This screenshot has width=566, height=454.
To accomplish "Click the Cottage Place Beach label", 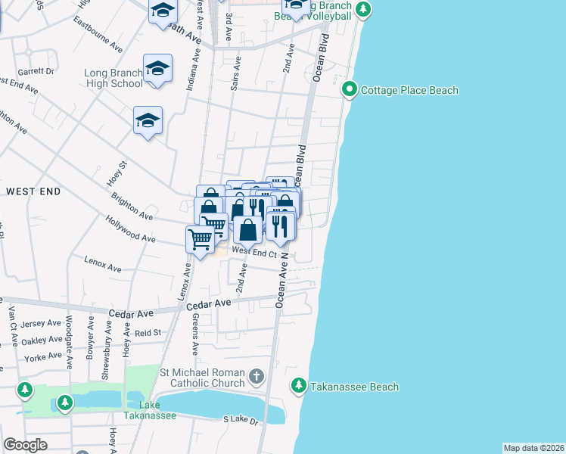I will [409, 90].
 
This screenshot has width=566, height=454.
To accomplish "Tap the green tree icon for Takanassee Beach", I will [299, 387].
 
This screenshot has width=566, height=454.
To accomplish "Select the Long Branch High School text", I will [114, 78].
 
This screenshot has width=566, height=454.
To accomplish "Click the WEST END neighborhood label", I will [33, 191].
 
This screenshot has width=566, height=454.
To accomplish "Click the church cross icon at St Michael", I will [257, 376].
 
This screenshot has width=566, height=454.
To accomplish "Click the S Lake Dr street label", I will [241, 419].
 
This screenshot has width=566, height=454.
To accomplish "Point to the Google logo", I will [25, 444].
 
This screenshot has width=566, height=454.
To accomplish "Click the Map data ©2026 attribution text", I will [533, 448].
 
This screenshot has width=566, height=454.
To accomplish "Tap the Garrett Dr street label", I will [39, 71].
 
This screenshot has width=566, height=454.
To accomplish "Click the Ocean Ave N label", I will [281, 279].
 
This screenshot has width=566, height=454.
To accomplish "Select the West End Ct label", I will [253, 251].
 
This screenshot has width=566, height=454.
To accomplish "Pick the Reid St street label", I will [148, 332].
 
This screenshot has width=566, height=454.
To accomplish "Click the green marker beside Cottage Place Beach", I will [350, 90].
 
